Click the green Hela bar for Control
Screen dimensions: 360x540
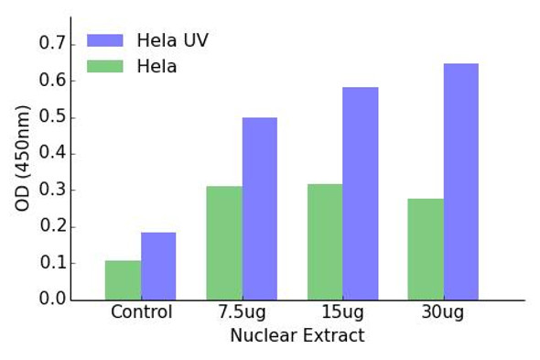pos(123,280)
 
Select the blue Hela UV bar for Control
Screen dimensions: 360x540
pos(158,266)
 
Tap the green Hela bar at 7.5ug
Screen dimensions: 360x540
pos(224,243)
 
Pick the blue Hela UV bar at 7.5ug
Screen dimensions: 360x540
pos(259,208)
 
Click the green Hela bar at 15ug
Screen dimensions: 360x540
pos(325,242)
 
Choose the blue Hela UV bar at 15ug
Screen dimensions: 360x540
pos(361,193)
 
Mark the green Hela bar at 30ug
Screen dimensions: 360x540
pos(426,249)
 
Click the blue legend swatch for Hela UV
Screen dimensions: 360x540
pos(105,40)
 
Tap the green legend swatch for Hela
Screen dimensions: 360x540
pos(105,67)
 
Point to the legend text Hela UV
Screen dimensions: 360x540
pos(172,40)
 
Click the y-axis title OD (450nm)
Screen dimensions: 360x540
pos(23,158)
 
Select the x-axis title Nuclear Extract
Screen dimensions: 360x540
pos(297,336)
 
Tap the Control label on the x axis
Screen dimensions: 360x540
pos(141,313)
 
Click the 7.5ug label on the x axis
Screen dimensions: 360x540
pos(242,313)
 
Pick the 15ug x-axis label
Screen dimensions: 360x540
pos(342,313)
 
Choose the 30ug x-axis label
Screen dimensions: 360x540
pos(443,313)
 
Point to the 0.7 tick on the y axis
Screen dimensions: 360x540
pos(52,44)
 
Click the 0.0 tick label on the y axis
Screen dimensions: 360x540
pos(52,300)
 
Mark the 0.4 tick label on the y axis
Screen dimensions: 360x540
pos(52,154)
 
